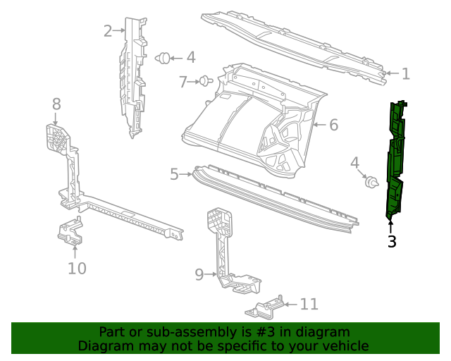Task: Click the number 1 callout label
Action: coord(405,73)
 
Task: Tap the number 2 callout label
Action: coord(107,30)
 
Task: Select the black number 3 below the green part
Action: coord(392,242)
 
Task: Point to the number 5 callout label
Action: coord(175,173)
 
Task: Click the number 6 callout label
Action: coord(333,125)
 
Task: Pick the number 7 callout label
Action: coord(183,82)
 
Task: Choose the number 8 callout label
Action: coord(56,104)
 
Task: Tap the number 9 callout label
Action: coord(199,274)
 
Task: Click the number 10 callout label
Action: coord(77,268)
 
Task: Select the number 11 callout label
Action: coord(309,304)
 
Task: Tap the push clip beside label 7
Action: coord(206,81)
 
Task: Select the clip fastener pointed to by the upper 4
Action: coord(163,58)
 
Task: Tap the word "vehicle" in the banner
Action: coord(343,345)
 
